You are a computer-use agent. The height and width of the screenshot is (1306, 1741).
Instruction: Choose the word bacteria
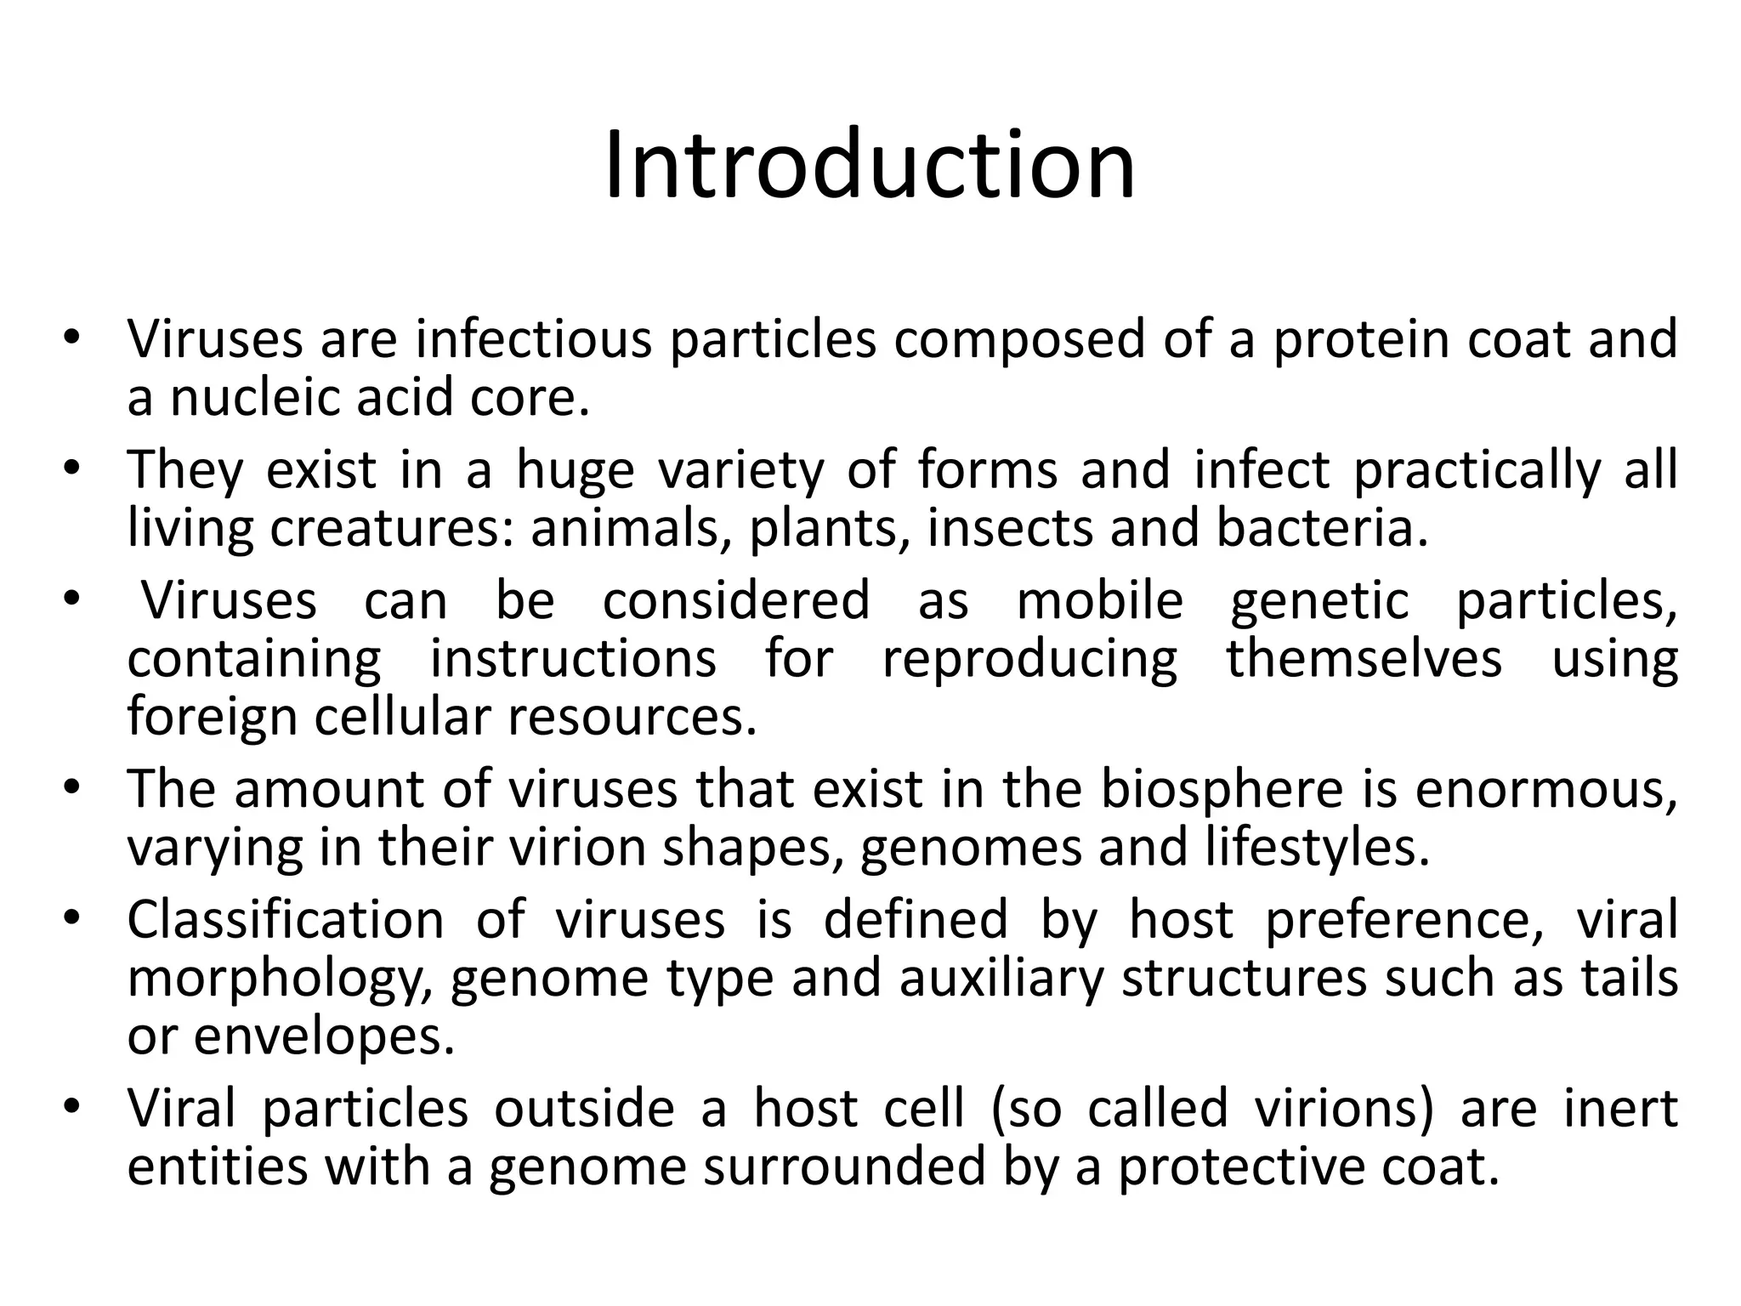point(1322,529)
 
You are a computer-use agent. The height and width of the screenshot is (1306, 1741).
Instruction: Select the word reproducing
point(1029,660)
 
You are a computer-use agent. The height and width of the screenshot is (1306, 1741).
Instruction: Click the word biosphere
point(1222,790)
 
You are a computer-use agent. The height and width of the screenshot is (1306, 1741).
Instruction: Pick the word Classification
point(286,920)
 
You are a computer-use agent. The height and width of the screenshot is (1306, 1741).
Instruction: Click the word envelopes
point(324,1038)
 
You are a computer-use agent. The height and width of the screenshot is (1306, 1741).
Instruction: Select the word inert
point(1620,1110)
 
